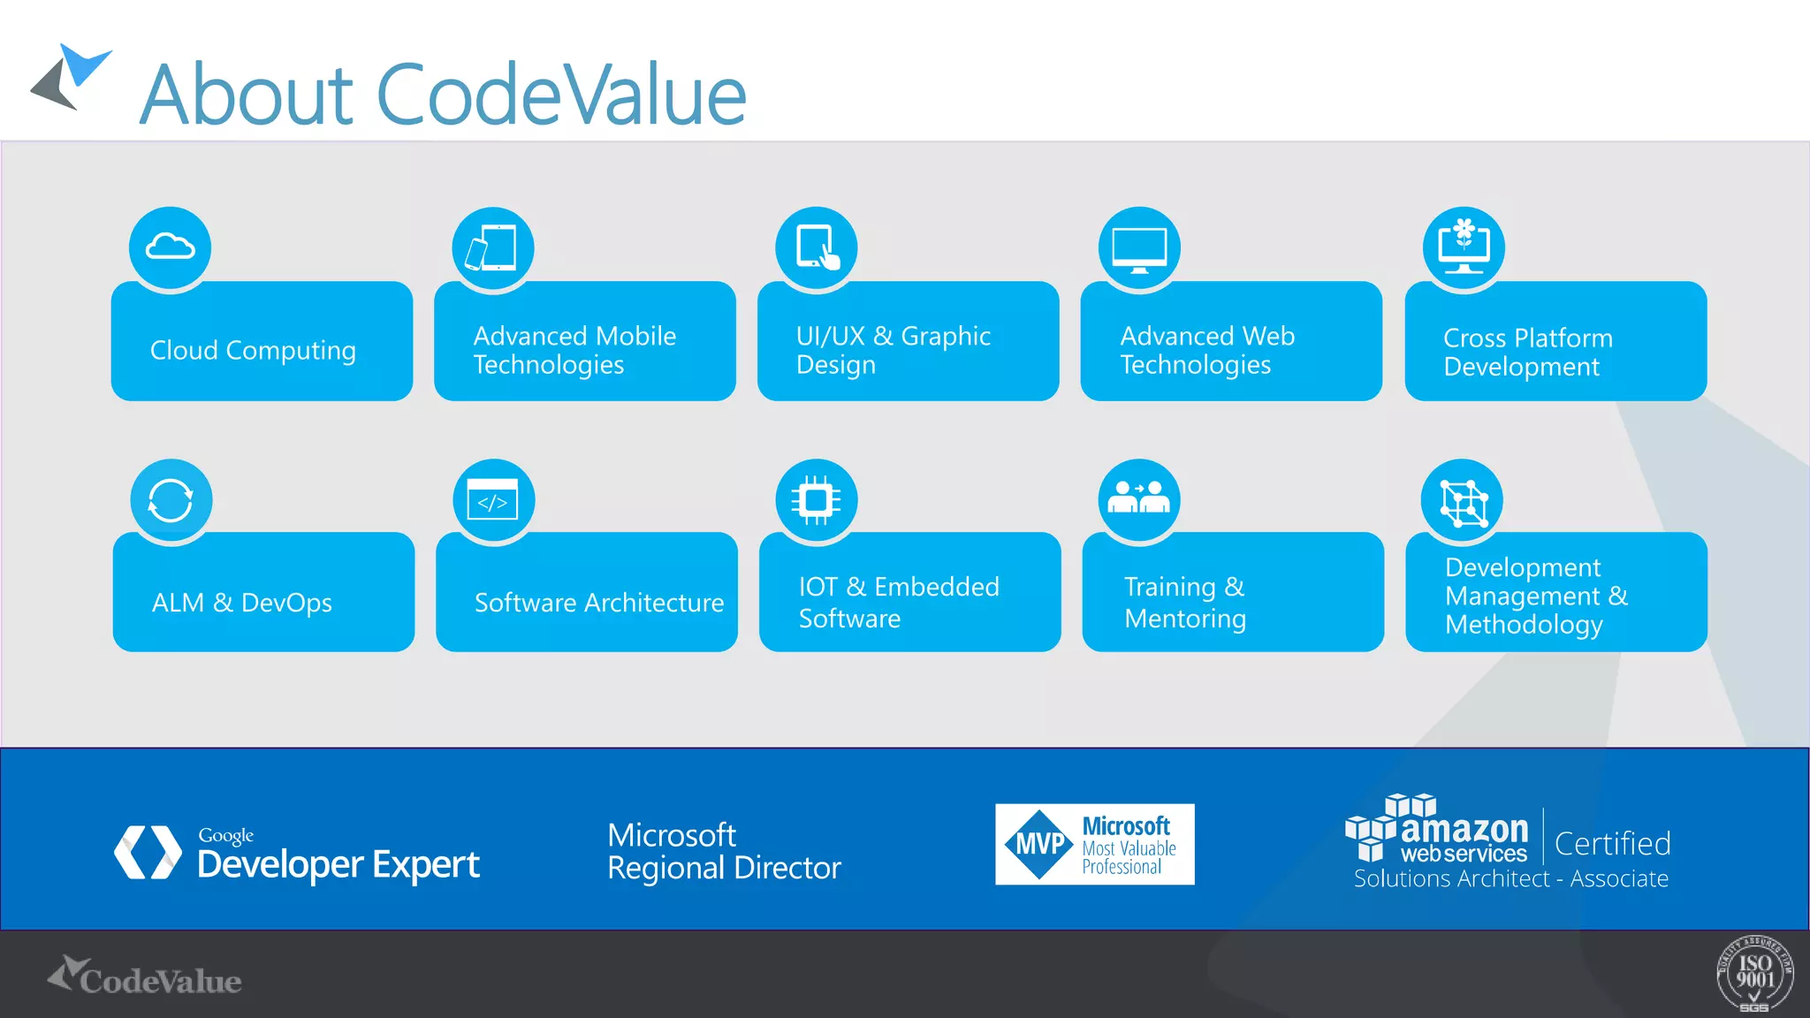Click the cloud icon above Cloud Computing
point(170,247)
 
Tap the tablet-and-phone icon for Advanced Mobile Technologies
point(492,247)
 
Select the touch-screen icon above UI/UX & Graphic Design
point(817,247)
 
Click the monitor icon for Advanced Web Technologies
point(1139,247)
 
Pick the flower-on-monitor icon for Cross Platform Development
point(1464,247)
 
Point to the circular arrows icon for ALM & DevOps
point(171,500)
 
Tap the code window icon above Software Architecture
point(493,501)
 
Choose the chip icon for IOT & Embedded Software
point(817,500)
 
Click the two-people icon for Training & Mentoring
point(1139,499)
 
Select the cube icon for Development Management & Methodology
point(1463,501)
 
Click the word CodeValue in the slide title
point(562,95)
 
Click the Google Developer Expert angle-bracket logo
point(148,853)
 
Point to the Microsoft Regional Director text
point(723,851)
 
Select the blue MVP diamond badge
point(1039,844)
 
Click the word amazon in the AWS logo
point(1464,829)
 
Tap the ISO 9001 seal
point(1754,973)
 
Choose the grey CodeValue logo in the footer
point(145,977)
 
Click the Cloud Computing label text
point(253,351)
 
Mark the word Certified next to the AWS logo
point(1612,844)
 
